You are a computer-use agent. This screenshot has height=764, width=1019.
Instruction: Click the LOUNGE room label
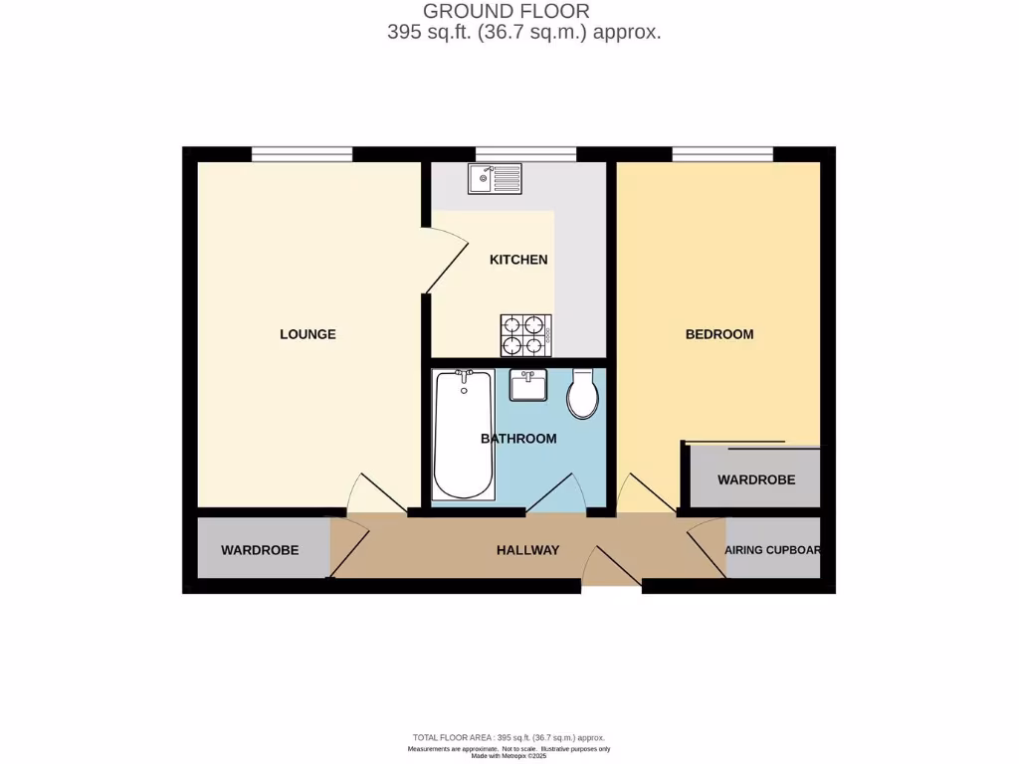click(x=307, y=334)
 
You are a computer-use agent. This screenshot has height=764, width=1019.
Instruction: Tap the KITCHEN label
click(x=518, y=260)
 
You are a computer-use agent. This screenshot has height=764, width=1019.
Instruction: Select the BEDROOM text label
click(x=719, y=334)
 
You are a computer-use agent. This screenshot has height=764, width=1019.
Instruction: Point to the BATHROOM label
click(x=518, y=439)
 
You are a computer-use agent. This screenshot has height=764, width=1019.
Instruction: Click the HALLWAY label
click(x=527, y=550)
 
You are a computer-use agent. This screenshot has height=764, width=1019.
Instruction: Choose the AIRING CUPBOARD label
click(x=773, y=550)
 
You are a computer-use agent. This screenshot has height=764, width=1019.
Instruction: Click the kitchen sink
click(x=495, y=179)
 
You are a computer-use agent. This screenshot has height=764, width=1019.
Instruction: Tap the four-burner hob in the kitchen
click(x=526, y=334)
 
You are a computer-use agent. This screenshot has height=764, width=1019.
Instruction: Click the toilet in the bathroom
click(x=583, y=396)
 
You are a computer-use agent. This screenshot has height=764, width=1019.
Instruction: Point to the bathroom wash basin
click(x=528, y=384)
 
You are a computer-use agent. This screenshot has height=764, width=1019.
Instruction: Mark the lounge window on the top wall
click(x=302, y=153)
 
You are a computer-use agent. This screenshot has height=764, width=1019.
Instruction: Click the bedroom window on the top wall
click(x=722, y=153)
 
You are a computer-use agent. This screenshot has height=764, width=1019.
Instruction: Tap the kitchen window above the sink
click(x=525, y=153)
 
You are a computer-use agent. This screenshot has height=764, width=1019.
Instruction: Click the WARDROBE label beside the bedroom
click(x=756, y=479)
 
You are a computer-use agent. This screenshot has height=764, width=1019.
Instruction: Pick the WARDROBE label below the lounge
click(x=260, y=550)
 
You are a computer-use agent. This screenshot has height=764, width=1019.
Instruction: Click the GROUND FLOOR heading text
click(x=507, y=11)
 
